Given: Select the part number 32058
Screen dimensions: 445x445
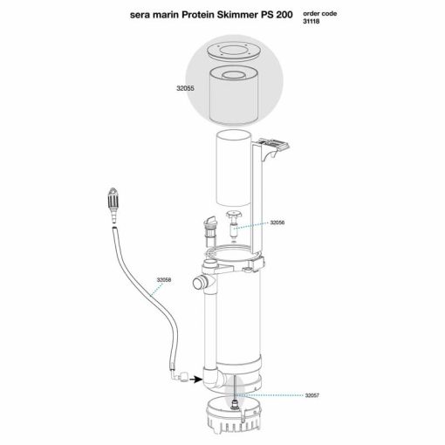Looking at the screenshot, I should coord(163,280).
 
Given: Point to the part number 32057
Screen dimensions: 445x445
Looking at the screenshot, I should coord(312,395).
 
